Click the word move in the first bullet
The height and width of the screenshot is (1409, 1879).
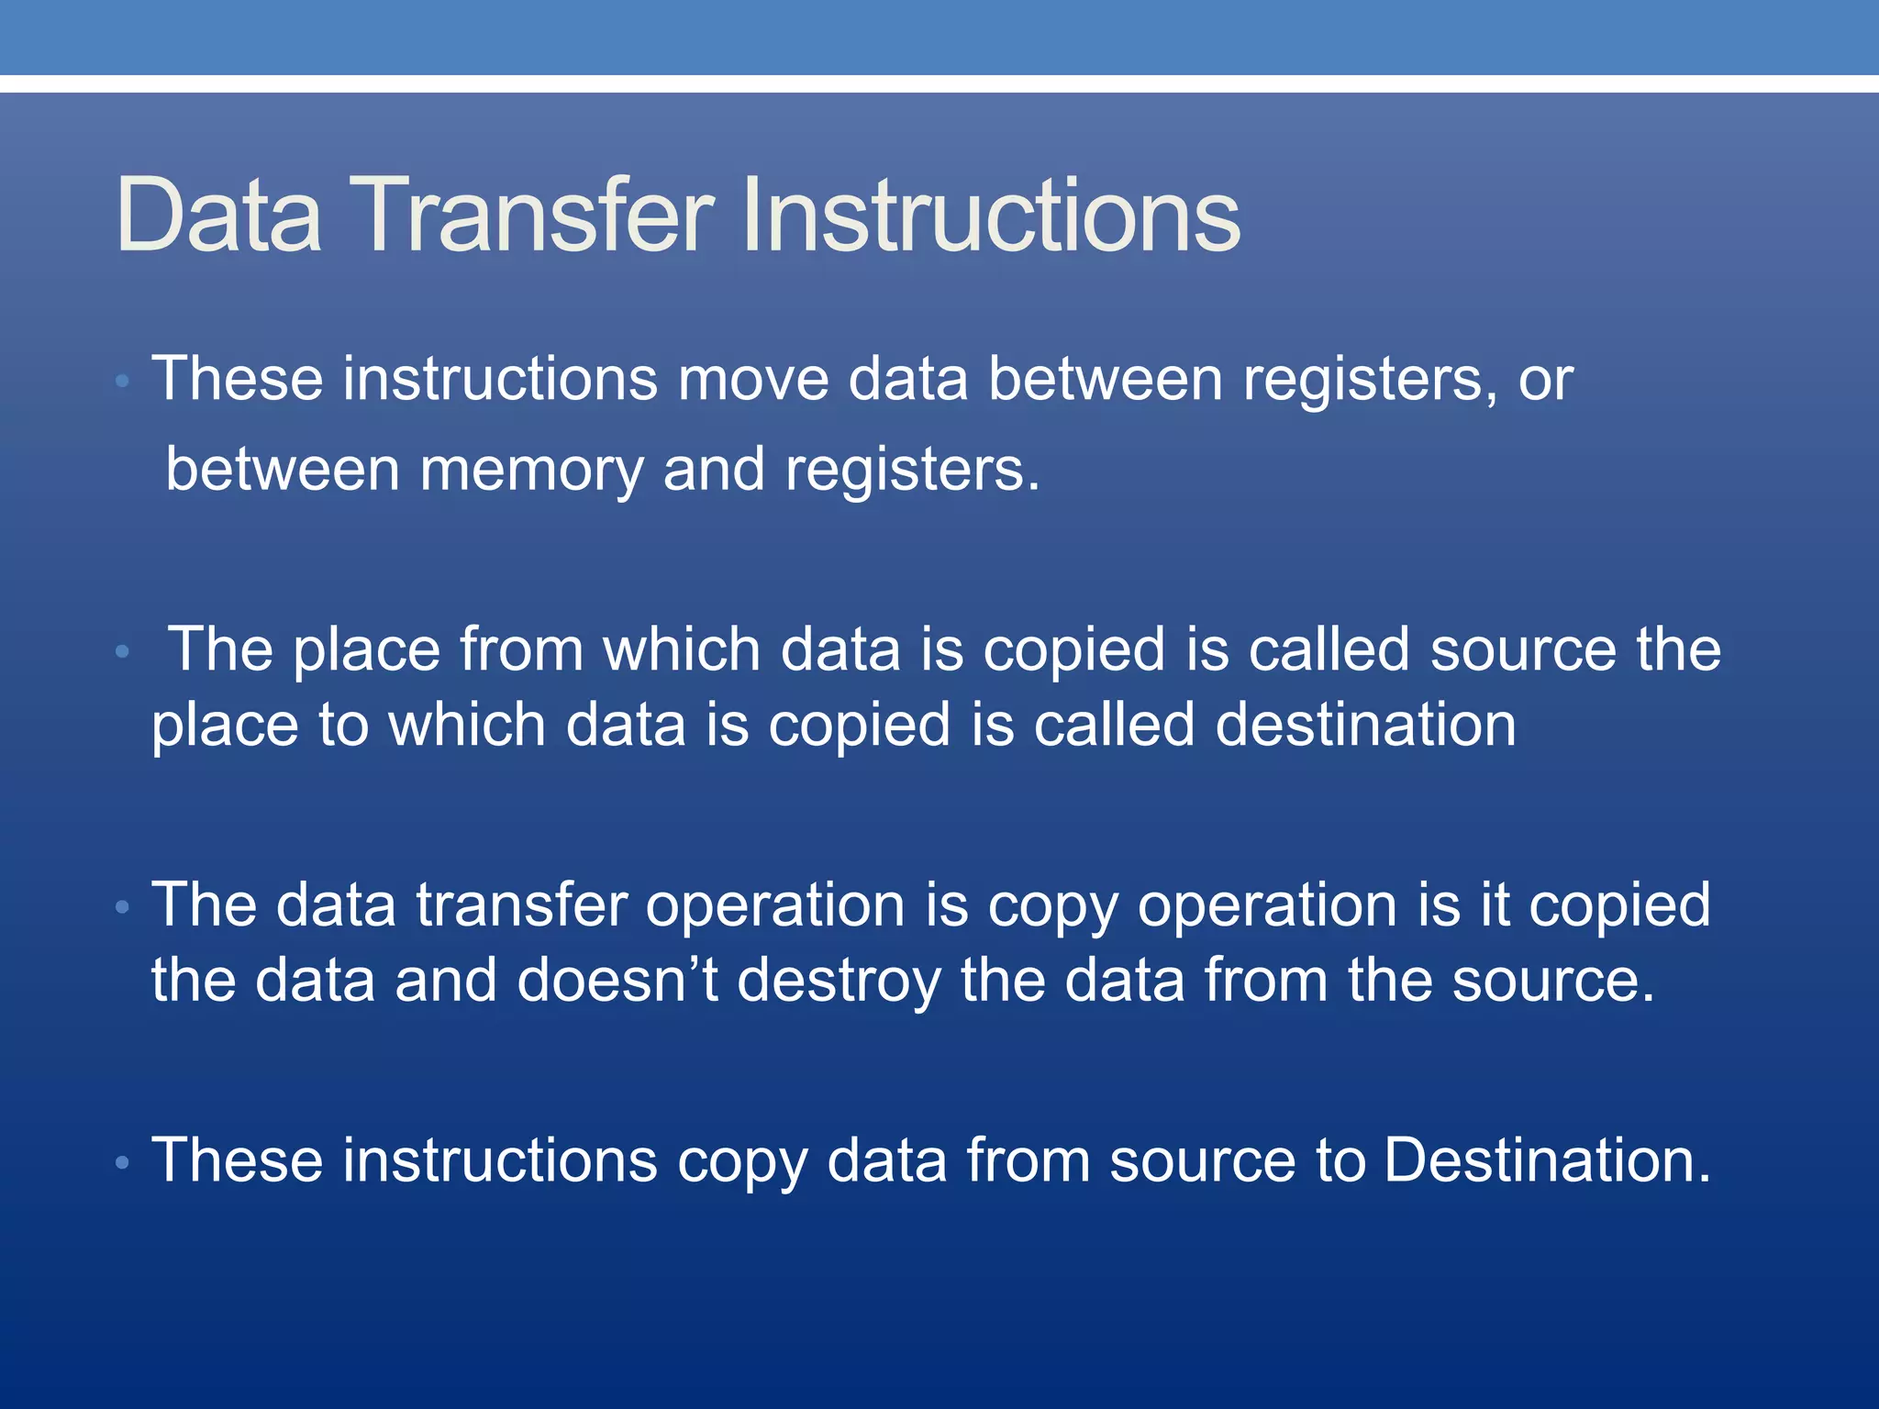(x=752, y=379)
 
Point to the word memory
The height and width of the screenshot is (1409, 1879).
(x=531, y=470)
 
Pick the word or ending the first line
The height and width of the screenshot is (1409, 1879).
(x=1546, y=379)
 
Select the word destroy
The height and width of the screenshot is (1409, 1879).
(x=839, y=981)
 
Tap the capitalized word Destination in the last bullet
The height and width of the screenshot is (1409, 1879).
(x=1547, y=1160)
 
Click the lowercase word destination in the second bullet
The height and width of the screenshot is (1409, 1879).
(x=1365, y=725)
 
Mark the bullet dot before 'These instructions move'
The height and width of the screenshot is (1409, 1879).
(x=123, y=381)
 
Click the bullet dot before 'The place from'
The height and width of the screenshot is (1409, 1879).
(x=123, y=652)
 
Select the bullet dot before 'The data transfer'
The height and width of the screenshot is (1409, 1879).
(x=123, y=907)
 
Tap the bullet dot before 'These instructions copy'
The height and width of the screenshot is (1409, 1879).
(x=123, y=1163)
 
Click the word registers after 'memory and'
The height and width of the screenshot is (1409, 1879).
(x=912, y=470)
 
